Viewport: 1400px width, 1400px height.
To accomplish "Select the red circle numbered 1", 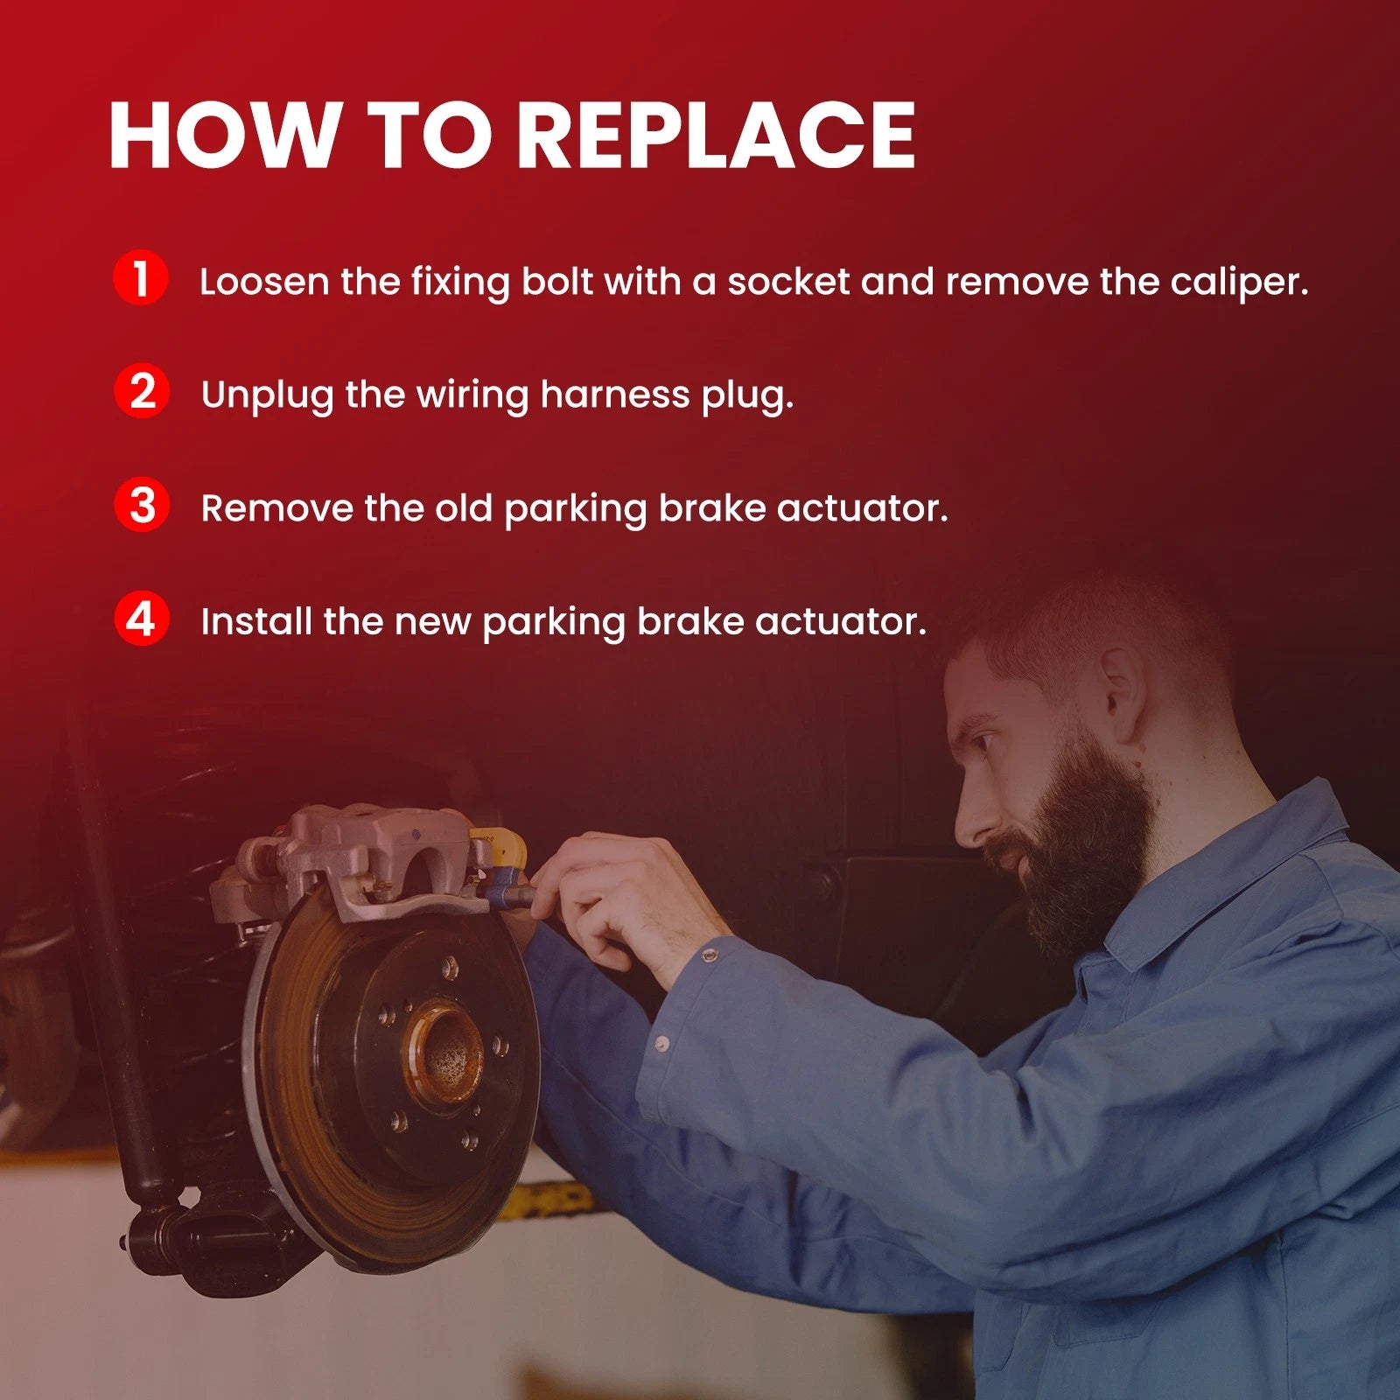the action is click(x=140, y=277).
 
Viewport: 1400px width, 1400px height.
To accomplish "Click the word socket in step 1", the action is click(x=788, y=282).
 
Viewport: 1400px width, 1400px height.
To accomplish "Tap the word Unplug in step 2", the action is click(x=268, y=395).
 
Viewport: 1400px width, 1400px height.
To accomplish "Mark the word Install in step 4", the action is click(x=256, y=622).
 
